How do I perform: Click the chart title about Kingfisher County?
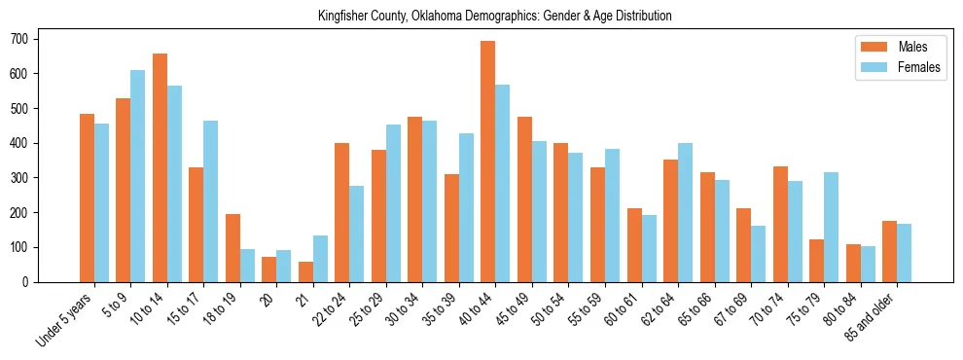tap(494, 17)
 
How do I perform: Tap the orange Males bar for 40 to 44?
tap(487, 162)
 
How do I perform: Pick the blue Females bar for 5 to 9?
tap(137, 176)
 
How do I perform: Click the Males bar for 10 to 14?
tap(160, 167)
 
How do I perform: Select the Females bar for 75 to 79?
tap(831, 227)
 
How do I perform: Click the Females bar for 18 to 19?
tap(247, 266)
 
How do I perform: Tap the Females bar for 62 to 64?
tap(685, 212)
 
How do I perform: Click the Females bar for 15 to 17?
tap(210, 201)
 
